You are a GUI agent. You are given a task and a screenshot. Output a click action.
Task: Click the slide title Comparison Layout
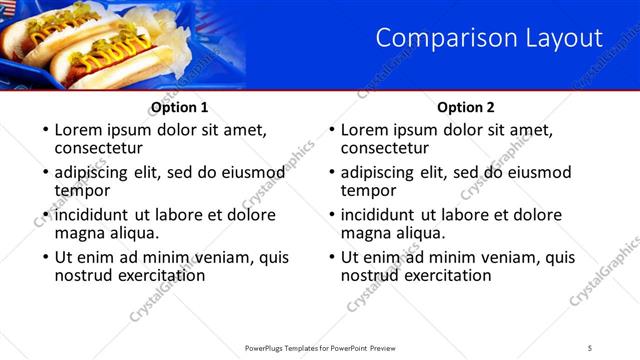tap(489, 39)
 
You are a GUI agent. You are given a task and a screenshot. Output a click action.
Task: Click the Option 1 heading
tap(180, 107)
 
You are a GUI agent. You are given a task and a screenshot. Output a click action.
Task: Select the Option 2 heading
tap(466, 107)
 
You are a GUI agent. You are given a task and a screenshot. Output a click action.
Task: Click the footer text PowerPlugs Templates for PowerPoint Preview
tap(319, 347)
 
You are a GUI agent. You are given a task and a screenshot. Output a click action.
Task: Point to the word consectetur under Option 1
tap(103, 148)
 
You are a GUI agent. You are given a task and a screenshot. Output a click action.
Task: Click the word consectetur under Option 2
tap(389, 148)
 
